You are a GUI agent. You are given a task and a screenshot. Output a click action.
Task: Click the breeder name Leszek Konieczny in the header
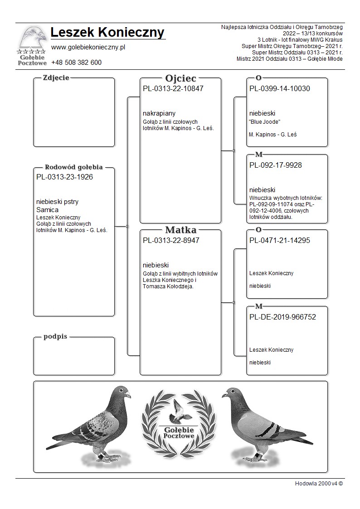click(x=107, y=33)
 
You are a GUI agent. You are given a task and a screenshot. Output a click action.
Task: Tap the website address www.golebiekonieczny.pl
click(x=88, y=47)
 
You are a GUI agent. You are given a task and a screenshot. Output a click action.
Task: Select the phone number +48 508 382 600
click(x=76, y=63)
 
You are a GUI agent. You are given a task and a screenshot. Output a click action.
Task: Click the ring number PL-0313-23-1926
click(x=64, y=177)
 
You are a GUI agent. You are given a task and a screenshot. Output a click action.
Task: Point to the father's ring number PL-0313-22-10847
click(x=173, y=88)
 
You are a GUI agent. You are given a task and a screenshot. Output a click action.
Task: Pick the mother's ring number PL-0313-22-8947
click(x=171, y=240)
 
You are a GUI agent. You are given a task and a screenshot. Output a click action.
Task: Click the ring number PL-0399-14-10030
click(x=279, y=88)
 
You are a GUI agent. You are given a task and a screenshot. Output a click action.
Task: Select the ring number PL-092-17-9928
click(x=275, y=165)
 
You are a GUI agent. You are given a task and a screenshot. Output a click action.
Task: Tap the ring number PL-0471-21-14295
click(x=279, y=240)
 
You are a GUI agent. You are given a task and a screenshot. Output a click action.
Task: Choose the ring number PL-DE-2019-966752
click(x=282, y=317)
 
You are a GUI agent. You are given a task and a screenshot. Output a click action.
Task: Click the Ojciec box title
click(x=180, y=78)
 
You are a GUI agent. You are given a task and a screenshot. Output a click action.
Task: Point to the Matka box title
click(x=180, y=230)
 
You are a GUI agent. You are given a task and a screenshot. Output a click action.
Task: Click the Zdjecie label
click(x=56, y=78)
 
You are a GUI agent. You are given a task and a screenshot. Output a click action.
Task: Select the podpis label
click(x=55, y=337)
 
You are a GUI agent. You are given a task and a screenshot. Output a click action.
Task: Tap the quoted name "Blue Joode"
click(x=265, y=121)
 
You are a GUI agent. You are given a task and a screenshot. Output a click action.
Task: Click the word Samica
click(x=47, y=210)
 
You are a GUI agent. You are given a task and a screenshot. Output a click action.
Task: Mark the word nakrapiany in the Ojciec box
click(x=159, y=113)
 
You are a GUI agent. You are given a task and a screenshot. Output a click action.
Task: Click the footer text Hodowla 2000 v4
click(x=318, y=483)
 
